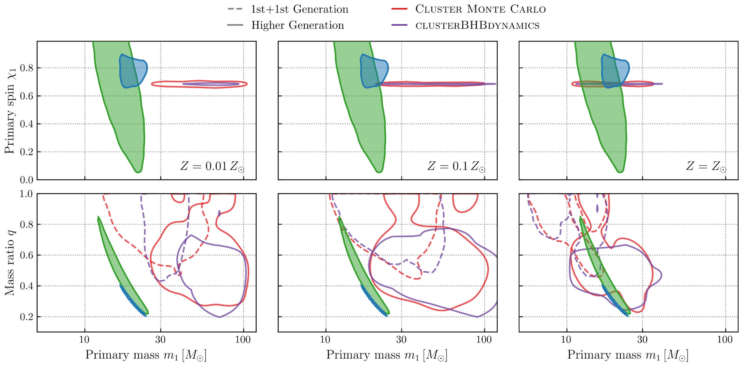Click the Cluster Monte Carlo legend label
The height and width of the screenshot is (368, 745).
(x=480, y=9)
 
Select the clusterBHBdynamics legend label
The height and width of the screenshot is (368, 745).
(x=477, y=25)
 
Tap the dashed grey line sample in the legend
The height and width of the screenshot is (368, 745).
(x=235, y=9)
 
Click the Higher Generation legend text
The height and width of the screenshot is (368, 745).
(x=297, y=25)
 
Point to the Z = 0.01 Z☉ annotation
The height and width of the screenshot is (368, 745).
(x=212, y=166)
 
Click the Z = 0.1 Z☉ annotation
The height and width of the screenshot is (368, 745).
(x=456, y=166)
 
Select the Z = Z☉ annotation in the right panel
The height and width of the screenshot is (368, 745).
(x=706, y=166)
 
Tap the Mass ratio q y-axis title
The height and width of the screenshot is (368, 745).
(x=10, y=263)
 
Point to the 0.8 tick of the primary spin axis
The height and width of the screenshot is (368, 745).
(x=26, y=68)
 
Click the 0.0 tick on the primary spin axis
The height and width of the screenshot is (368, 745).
(x=26, y=180)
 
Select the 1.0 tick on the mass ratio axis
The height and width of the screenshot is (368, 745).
(x=26, y=194)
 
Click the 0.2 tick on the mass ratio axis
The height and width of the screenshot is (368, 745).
(x=26, y=317)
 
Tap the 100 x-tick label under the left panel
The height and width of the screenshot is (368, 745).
(x=243, y=340)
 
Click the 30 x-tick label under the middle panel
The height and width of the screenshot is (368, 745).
(x=401, y=340)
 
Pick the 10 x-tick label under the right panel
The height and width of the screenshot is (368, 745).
(x=566, y=340)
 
